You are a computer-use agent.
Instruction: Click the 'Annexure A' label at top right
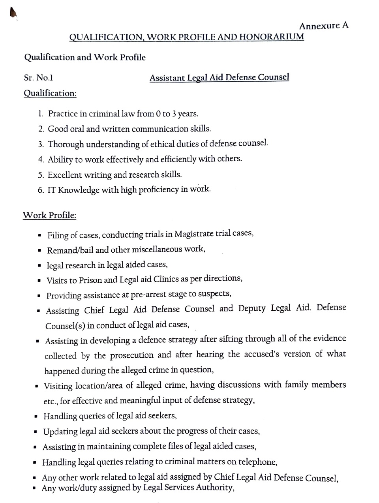tap(324, 26)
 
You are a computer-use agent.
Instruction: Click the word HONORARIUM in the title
tap(272, 37)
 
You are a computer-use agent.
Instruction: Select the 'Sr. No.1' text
tap(38, 78)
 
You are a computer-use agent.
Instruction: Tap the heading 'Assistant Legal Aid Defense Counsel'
tap(219, 77)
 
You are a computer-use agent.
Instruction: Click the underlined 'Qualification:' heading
tap(50, 94)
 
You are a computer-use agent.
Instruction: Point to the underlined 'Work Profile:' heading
tap(49, 216)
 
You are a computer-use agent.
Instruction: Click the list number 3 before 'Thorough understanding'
tap(41, 145)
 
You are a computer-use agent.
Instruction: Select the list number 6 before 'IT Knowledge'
tap(41, 190)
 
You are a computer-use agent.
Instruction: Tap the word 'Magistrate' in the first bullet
tap(194, 234)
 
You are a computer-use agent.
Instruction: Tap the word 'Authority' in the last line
tap(213, 488)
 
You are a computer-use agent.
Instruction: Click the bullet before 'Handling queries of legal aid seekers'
tap(36, 417)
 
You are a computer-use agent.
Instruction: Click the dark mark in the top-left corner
tap(13, 14)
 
